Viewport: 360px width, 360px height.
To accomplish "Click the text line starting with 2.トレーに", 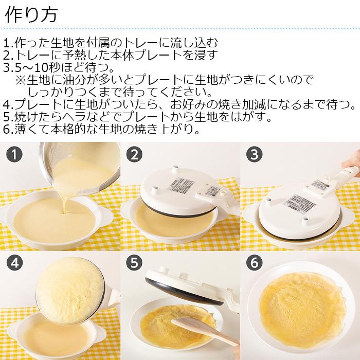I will coord(111,55).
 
